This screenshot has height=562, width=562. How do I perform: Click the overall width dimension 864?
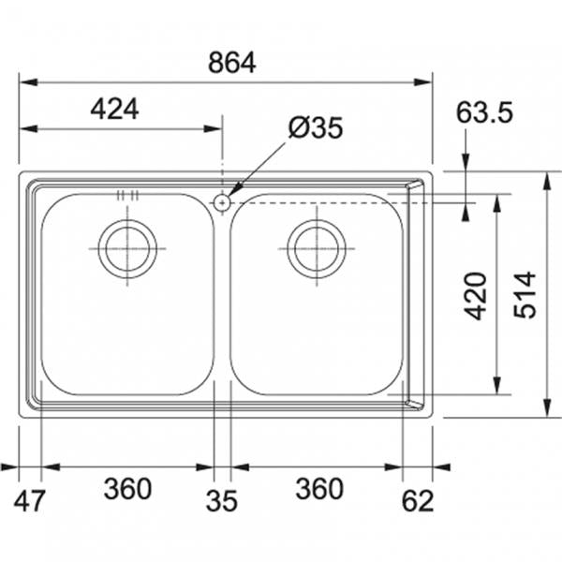tap(232, 63)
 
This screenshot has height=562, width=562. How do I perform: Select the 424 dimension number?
tap(114, 110)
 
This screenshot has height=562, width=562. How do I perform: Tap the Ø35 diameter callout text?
tap(316, 127)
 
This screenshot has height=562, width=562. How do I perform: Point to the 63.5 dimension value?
tap(484, 112)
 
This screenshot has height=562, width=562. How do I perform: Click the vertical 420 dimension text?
tap(476, 296)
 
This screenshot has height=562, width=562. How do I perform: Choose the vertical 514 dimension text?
tap(525, 295)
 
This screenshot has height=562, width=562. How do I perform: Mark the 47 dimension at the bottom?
tap(30, 500)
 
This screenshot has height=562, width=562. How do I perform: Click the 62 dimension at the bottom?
tap(418, 500)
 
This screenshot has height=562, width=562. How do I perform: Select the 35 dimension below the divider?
tap(221, 500)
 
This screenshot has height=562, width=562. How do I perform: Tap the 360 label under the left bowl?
tap(127, 489)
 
